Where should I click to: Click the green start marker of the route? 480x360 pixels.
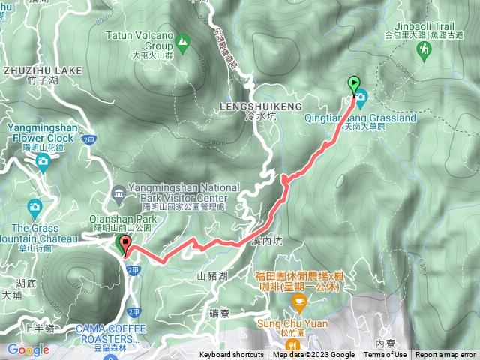click(354, 85)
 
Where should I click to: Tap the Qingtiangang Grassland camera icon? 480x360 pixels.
click(361, 97)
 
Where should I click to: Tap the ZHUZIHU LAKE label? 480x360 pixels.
click(43, 70)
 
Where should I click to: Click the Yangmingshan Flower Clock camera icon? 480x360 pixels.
click(42, 160)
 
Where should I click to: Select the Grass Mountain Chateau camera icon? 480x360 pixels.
click(34, 207)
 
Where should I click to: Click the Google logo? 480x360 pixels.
click(28, 349)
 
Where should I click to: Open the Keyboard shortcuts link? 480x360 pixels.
click(231, 355)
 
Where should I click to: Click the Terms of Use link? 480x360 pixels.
click(385, 355)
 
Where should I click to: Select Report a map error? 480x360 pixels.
click(445, 355)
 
